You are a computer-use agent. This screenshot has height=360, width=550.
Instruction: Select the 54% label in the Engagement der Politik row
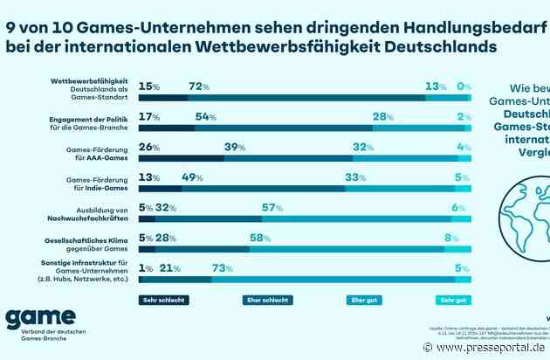pyautogui.click(x=207, y=117)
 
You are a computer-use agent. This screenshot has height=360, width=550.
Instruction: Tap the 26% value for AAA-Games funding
pyautogui.click(x=150, y=147)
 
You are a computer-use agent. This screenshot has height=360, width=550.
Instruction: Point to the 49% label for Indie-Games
pyautogui.click(x=193, y=177)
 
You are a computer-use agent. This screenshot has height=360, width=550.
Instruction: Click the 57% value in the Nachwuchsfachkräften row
pyautogui.click(x=272, y=207)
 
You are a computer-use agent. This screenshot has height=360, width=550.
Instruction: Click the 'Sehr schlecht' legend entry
pyautogui.click(x=164, y=300)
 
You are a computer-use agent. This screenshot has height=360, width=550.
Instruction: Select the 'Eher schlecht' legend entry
pyautogui.click(x=266, y=300)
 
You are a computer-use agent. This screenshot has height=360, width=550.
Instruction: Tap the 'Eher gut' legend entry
pyautogui.click(x=361, y=300)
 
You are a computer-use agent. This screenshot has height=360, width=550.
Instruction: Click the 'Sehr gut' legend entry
pyautogui.click(x=453, y=300)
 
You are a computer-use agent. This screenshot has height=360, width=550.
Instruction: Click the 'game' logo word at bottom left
pyautogui.click(x=40, y=319)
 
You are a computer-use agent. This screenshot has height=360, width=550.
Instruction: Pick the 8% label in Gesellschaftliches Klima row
pyautogui.click(x=451, y=238)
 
